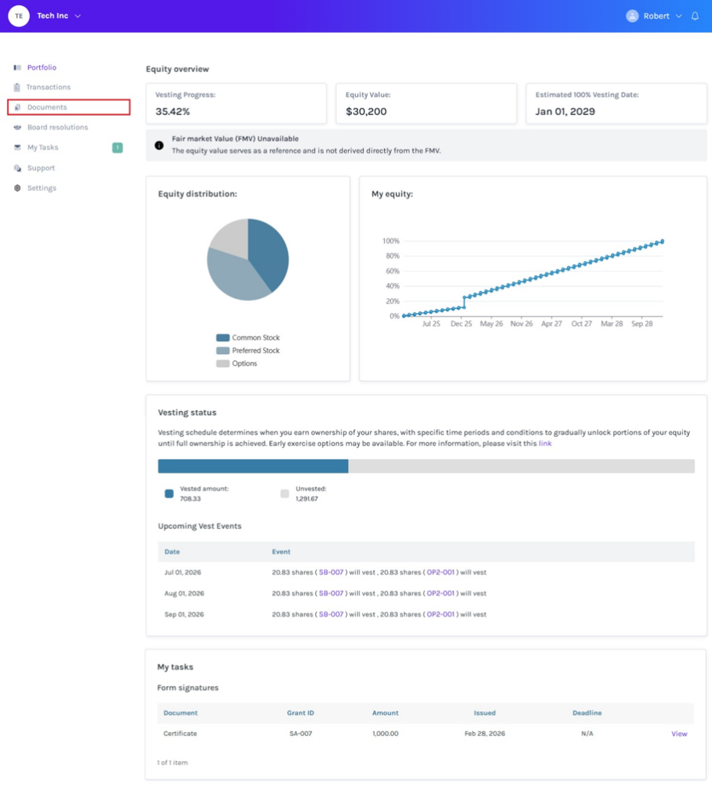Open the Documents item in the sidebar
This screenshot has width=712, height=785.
click(x=47, y=107)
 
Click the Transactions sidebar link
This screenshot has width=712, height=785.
click(x=48, y=87)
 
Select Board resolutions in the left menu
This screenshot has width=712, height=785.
click(x=57, y=127)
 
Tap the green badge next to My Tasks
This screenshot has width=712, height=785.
click(x=117, y=148)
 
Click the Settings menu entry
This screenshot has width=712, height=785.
click(x=41, y=188)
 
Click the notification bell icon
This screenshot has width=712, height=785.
click(x=695, y=16)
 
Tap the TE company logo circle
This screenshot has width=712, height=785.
click(x=19, y=16)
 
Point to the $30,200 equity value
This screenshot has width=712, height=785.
click(x=366, y=111)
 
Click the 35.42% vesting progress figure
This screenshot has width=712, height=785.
click(x=172, y=111)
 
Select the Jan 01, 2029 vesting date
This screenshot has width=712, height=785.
click(x=566, y=111)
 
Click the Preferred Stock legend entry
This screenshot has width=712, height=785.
click(x=248, y=350)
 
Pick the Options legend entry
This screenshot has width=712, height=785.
click(x=237, y=363)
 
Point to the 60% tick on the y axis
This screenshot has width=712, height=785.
click(x=392, y=271)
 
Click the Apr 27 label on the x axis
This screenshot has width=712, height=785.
click(x=551, y=324)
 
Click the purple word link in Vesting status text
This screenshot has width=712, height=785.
click(x=545, y=444)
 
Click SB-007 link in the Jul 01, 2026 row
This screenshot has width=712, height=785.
click(x=331, y=572)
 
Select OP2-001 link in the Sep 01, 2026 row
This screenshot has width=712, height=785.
click(x=441, y=614)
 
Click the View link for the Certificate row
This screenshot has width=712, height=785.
click(x=679, y=734)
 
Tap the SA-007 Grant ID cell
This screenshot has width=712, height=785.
click(x=300, y=734)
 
